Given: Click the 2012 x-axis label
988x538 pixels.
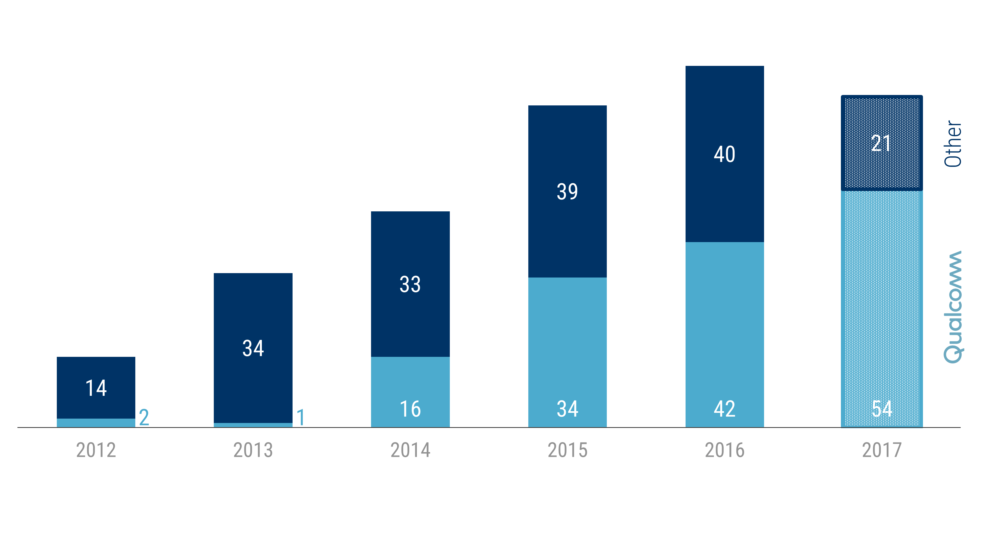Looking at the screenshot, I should pyautogui.click(x=96, y=450).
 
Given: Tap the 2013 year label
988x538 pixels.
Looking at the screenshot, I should pyautogui.click(x=253, y=450).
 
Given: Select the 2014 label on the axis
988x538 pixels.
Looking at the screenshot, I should pyautogui.click(x=410, y=450).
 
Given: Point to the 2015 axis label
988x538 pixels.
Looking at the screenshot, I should pyautogui.click(x=568, y=450).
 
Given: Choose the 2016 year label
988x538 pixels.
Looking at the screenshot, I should pyautogui.click(x=725, y=450).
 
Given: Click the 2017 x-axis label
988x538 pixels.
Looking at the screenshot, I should pyautogui.click(x=882, y=450).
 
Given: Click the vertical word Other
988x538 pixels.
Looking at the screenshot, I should pyautogui.click(x=953, y=144).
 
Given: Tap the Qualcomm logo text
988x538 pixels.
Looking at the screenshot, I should pyautogui.click(x=953, y=307).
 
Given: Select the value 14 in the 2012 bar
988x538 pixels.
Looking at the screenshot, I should pyautogui.click(x=96, y=388).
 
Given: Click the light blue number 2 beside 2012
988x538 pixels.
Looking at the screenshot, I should pyautogui.click(x=144, y=417).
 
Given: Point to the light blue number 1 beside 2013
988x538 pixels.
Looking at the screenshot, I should pyautogui.click(x=301, y=417).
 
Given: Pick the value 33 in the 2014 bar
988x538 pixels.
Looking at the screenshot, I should pyautogui.click(x=410, y=284).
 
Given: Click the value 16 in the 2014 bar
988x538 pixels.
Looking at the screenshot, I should pyautogui.click(x=410, y=409).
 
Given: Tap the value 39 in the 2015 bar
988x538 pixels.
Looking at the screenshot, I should pyautogui.click(x=567, y=192).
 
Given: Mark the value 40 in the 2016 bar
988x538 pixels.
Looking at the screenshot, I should pyautogui.click(x=725, y=154).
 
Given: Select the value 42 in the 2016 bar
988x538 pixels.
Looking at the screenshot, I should pyautogui.click(x=725, y=409).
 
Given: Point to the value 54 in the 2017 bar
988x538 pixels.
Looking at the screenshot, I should pyautogui.click(x=882, y=409).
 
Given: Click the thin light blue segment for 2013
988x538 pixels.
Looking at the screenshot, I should pyautogui.click(x=253, y=425).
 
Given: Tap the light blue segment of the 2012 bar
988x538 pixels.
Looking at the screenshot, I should pyautogui.click(x=96, y=423).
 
